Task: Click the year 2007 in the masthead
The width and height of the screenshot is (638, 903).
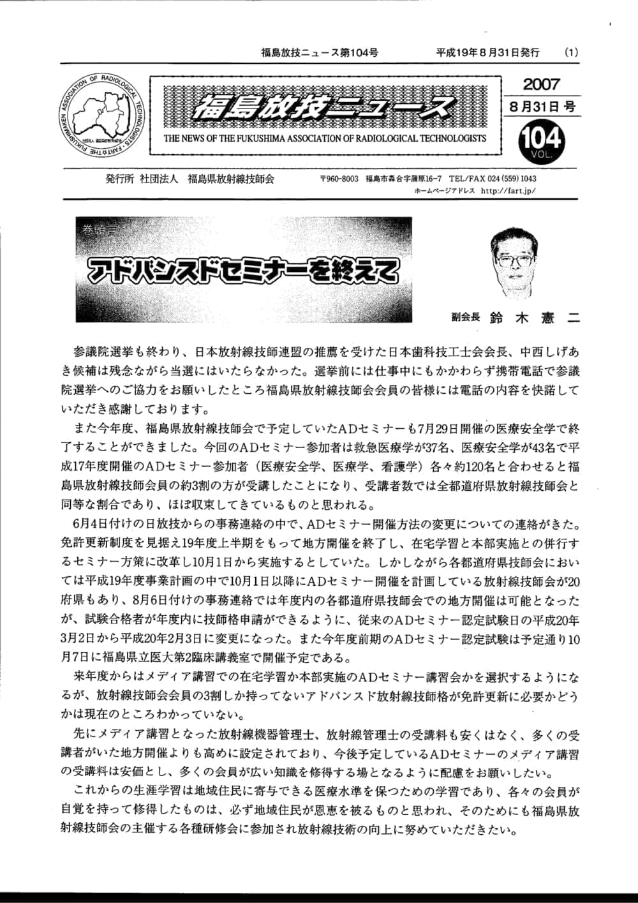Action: click(x=541, y=84)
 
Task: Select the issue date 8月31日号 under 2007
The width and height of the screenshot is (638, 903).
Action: click(x=542, y=106)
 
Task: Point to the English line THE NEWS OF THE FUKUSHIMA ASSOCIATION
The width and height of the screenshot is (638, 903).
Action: click(x=325, y=138)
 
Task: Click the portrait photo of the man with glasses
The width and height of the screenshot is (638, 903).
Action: click(x=514, y=259)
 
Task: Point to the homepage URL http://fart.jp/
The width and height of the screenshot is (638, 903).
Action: click(x=507, y=190)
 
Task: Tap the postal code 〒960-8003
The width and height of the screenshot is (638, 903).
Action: click(x=339, y=179)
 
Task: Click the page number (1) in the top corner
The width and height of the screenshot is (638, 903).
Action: click(x=572, y=53)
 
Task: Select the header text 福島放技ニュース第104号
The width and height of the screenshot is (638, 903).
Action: click(x=319, y=53)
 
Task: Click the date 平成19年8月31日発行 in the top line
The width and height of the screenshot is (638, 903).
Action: click(x=487, y=53)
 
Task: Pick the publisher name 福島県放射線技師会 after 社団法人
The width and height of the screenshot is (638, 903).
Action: click(x=230, y=179)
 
